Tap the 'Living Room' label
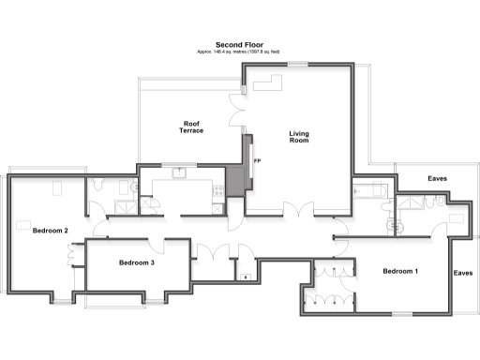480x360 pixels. (298, 138)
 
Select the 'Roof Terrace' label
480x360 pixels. (191, 127)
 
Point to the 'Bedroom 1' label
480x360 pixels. (400, 271)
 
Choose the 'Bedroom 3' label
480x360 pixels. (137, 262)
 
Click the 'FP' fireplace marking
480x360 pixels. (256, 162)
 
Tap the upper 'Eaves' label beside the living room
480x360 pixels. (437, 178)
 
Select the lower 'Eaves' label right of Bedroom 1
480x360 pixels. (462, 273)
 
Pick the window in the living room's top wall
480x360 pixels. (298, 64)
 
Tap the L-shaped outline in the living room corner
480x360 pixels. (263, 86)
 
